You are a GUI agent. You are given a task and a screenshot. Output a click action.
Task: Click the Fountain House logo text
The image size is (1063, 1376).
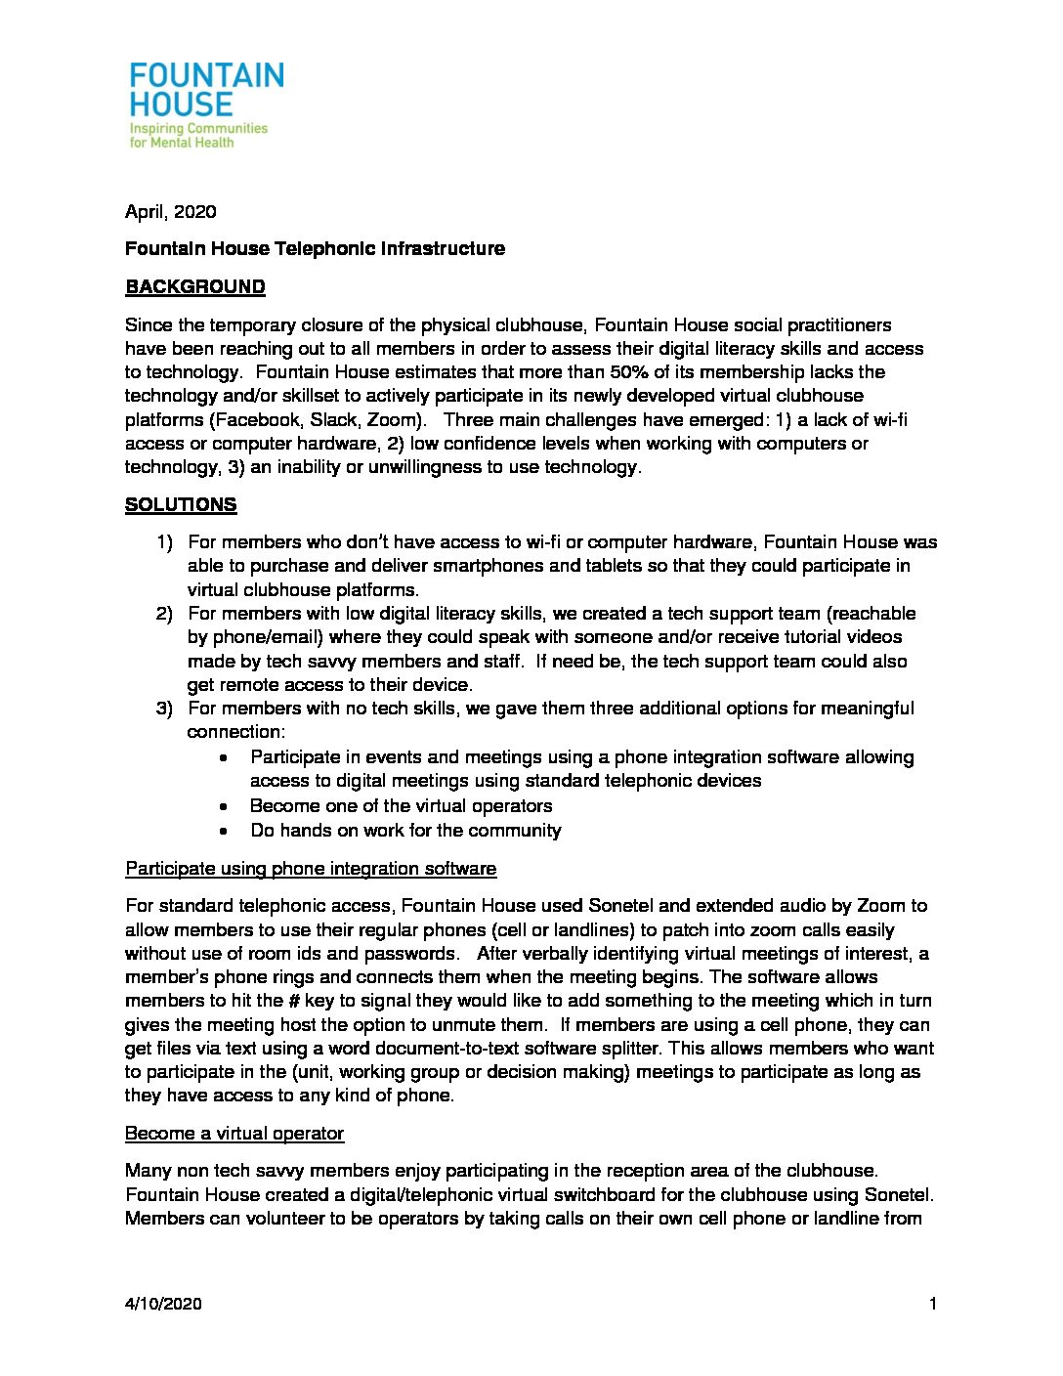(206, 90)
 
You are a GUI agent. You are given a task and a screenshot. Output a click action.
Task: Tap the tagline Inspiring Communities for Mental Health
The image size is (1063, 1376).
(198, 135)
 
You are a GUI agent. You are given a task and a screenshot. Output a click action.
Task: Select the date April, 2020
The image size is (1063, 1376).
(171, 212)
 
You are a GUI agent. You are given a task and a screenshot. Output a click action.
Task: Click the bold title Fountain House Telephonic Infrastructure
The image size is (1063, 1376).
(315, 249)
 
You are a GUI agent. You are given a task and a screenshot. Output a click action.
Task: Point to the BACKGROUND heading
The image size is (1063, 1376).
(195, 287)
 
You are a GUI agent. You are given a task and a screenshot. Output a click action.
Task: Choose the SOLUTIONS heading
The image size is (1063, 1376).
(181, 505)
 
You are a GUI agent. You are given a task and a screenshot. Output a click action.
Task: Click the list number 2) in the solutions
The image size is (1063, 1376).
(164, 614)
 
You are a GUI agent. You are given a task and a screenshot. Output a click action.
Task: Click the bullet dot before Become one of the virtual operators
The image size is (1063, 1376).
(226, 806)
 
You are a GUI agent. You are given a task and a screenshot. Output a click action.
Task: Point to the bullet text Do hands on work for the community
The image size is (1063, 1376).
(405, 831)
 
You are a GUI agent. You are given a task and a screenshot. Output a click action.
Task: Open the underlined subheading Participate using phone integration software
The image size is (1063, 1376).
(311, 869)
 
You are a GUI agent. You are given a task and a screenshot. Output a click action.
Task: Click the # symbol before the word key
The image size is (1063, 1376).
(293, 1001)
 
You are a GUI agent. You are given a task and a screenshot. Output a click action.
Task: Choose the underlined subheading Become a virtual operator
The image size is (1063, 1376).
(234, 1134)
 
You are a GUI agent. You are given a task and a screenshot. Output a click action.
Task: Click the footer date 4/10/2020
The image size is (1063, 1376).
(163, 1304)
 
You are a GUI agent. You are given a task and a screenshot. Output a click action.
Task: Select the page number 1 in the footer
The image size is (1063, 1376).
(934, 1304)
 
